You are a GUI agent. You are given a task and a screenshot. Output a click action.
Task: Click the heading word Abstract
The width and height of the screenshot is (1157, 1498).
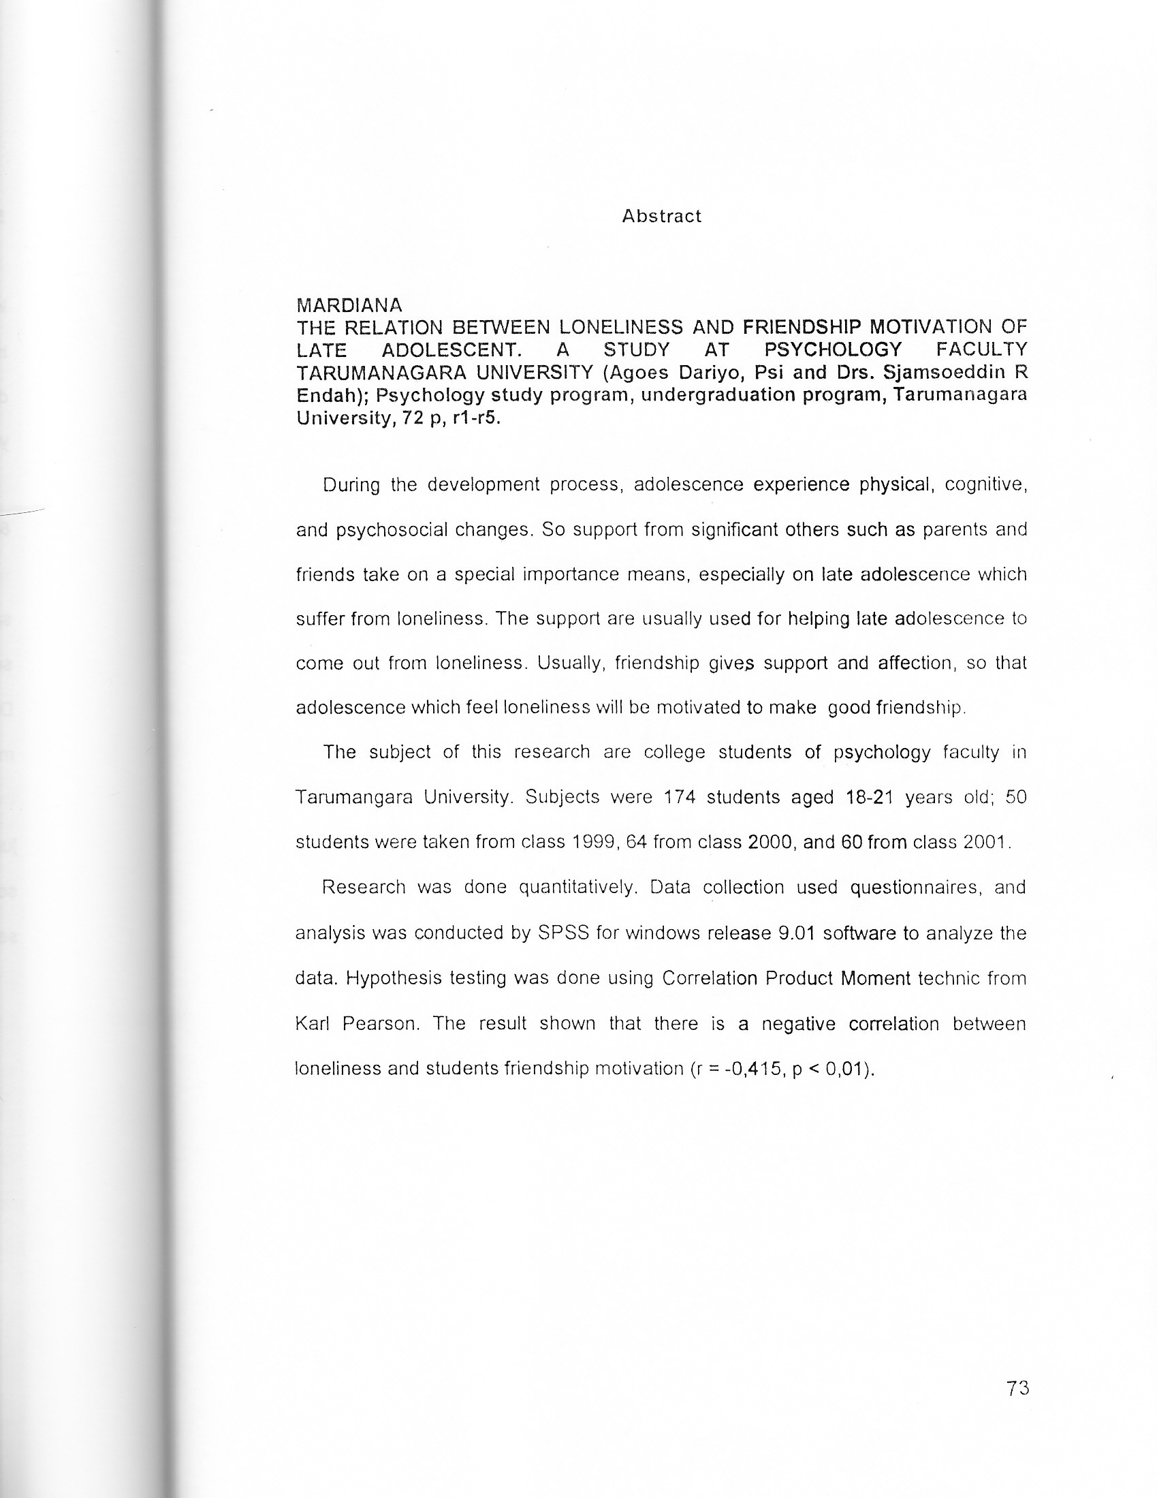(x=661, y=217)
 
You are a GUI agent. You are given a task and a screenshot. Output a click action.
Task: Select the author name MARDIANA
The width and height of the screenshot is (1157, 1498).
(x=349, y=305)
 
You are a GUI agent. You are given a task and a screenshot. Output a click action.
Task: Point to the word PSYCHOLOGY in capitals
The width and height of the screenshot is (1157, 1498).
(x=833, y=350)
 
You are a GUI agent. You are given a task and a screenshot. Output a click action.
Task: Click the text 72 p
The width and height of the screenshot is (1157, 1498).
(x=423, y=418)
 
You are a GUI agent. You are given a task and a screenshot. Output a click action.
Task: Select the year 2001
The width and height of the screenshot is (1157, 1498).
(x=986, y=842)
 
